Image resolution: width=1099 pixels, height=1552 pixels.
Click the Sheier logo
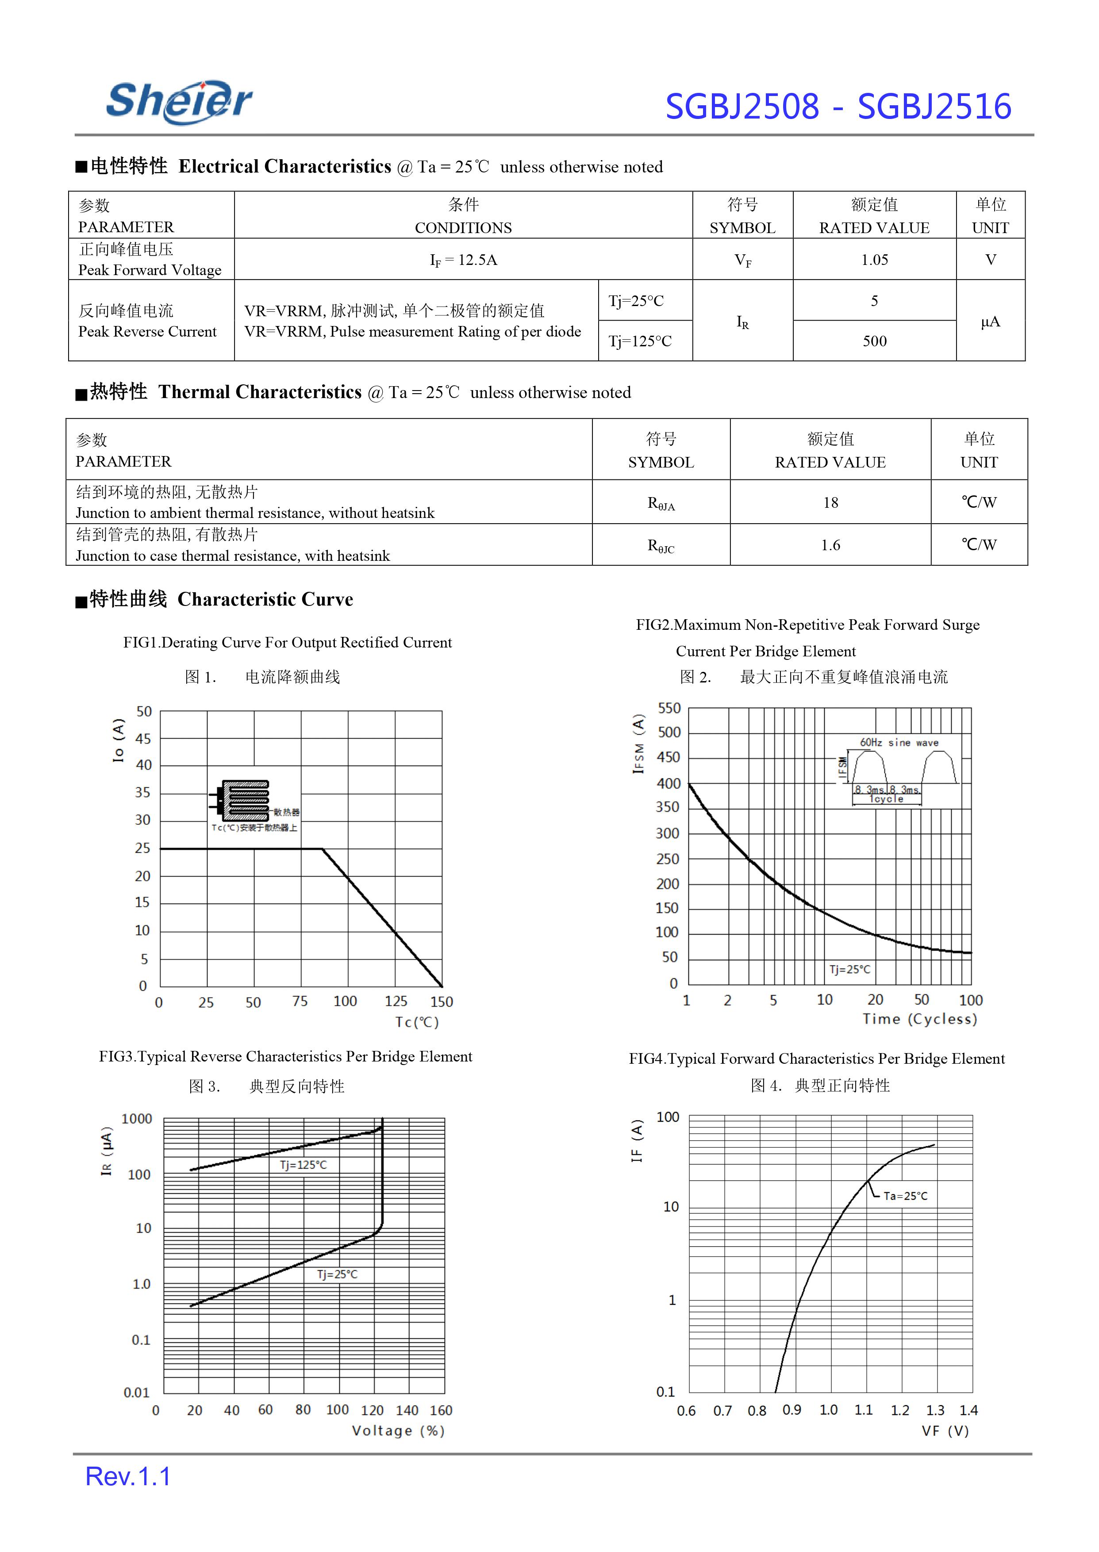pos(179,102)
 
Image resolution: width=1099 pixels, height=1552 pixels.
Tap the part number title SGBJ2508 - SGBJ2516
pos(838,107)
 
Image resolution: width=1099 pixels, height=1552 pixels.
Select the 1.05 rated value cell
pos(874,260)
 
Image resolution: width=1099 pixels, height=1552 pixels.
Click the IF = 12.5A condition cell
pos(464,260)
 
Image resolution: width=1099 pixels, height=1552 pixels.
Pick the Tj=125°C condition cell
pos(640,341)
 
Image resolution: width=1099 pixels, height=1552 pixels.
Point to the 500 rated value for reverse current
pos(874,341)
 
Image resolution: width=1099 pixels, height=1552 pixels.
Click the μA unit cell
pos(990,322)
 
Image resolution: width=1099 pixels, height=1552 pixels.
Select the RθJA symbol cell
pos(661,503)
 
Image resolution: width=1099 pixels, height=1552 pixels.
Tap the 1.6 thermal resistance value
pos(830,545)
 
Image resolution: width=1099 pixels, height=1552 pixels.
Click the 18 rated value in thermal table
pos(830,503)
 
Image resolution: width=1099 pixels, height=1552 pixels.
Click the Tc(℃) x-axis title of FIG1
pos(417,1022)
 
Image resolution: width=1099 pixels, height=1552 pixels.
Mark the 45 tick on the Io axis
pos(143,739)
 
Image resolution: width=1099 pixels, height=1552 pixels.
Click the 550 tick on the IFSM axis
pos(669,709)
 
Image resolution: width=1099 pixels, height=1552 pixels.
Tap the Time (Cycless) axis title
pos(920,1019)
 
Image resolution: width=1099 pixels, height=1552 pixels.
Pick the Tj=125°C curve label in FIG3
pos(303,1165)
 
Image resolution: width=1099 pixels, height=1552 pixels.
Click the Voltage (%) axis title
pos(398,1431)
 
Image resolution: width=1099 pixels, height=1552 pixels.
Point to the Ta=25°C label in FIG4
pos(906,1196)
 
